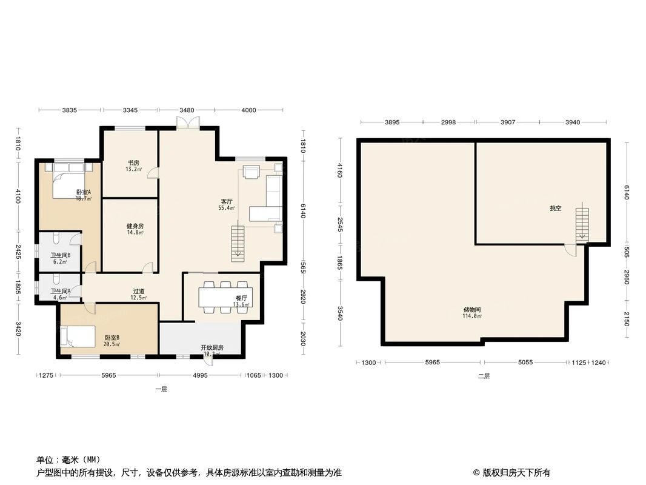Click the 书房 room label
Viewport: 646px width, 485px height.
[x=133, y=163]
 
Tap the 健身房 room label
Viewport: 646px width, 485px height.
[x=135, y=226]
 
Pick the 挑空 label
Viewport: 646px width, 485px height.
[x=555, y=209]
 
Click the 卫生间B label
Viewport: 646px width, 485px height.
[x=61, y=256]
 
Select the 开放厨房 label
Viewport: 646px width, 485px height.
[x=212, y=347]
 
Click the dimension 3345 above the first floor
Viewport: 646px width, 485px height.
[x=130, y=110]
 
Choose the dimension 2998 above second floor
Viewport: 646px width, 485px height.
[x=448, y=122]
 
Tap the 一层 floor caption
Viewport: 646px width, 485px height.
[x=161, y=389]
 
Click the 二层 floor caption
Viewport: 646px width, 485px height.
[x=483, y=376]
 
